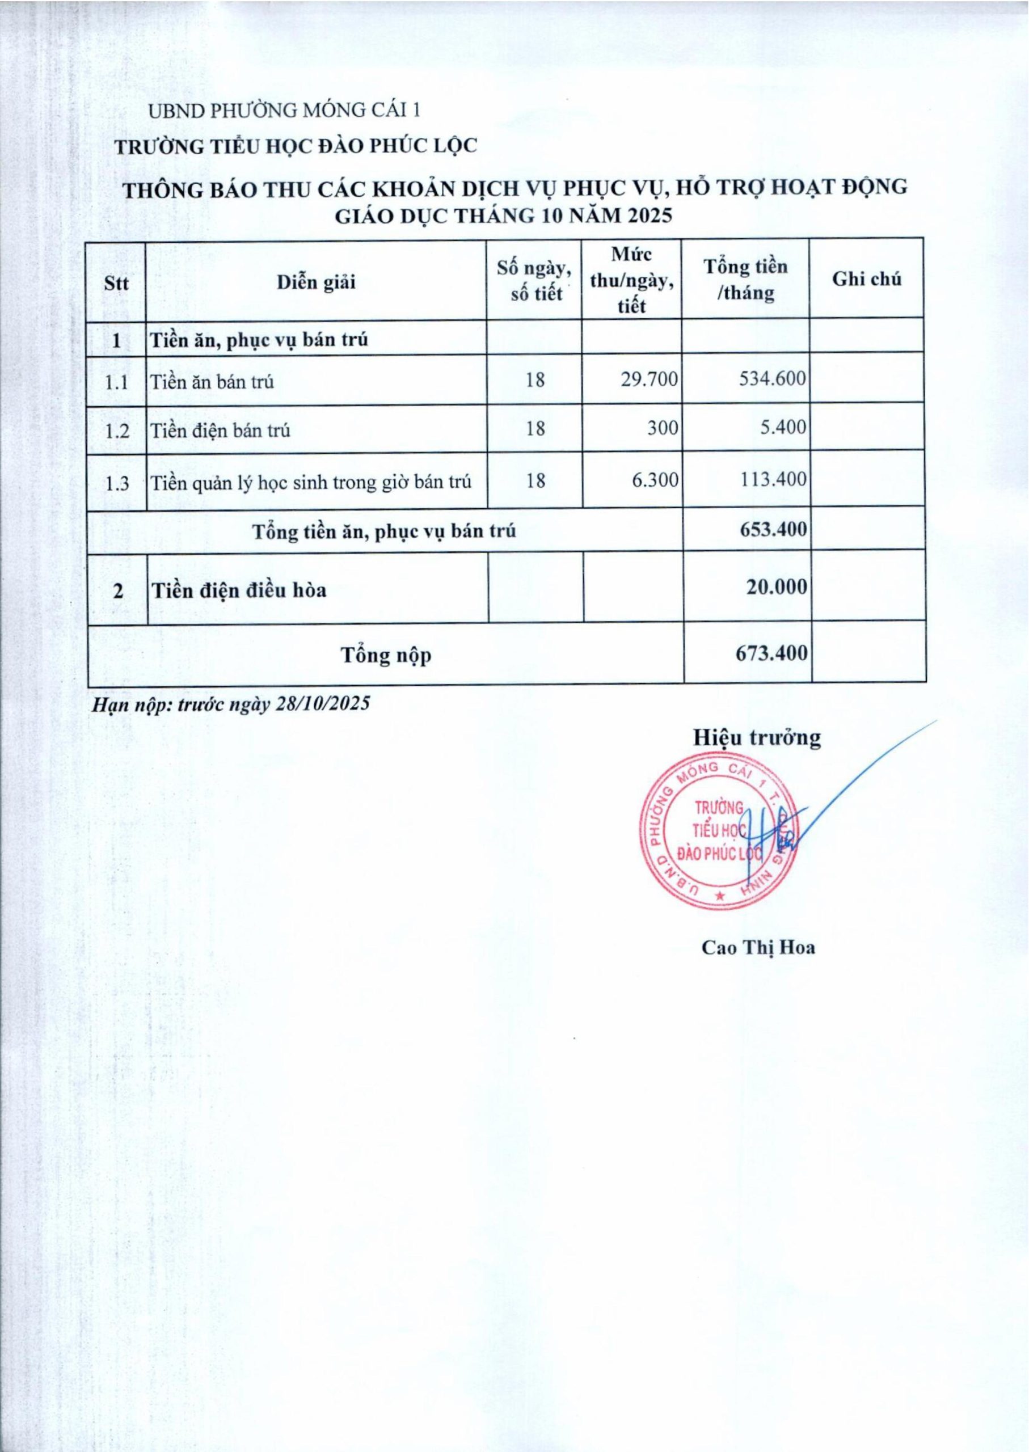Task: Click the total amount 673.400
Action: tap(771, 652)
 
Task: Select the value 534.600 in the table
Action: tap(773, 379)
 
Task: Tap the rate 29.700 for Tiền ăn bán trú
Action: tap(649, 379)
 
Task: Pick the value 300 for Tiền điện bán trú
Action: tap(663, 428)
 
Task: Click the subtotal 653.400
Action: tap(773, 529)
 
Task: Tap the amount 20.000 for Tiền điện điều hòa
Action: tap(776, 587)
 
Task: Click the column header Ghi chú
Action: tap(867, 280)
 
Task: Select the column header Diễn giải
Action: tap(316, 282)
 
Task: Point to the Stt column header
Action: tap(117, 283)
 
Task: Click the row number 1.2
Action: tap(117, 432)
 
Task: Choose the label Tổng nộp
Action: tap(386, 655)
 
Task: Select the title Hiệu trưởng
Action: tap(757, 737)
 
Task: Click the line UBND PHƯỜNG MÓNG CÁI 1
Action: tap(284, 111)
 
